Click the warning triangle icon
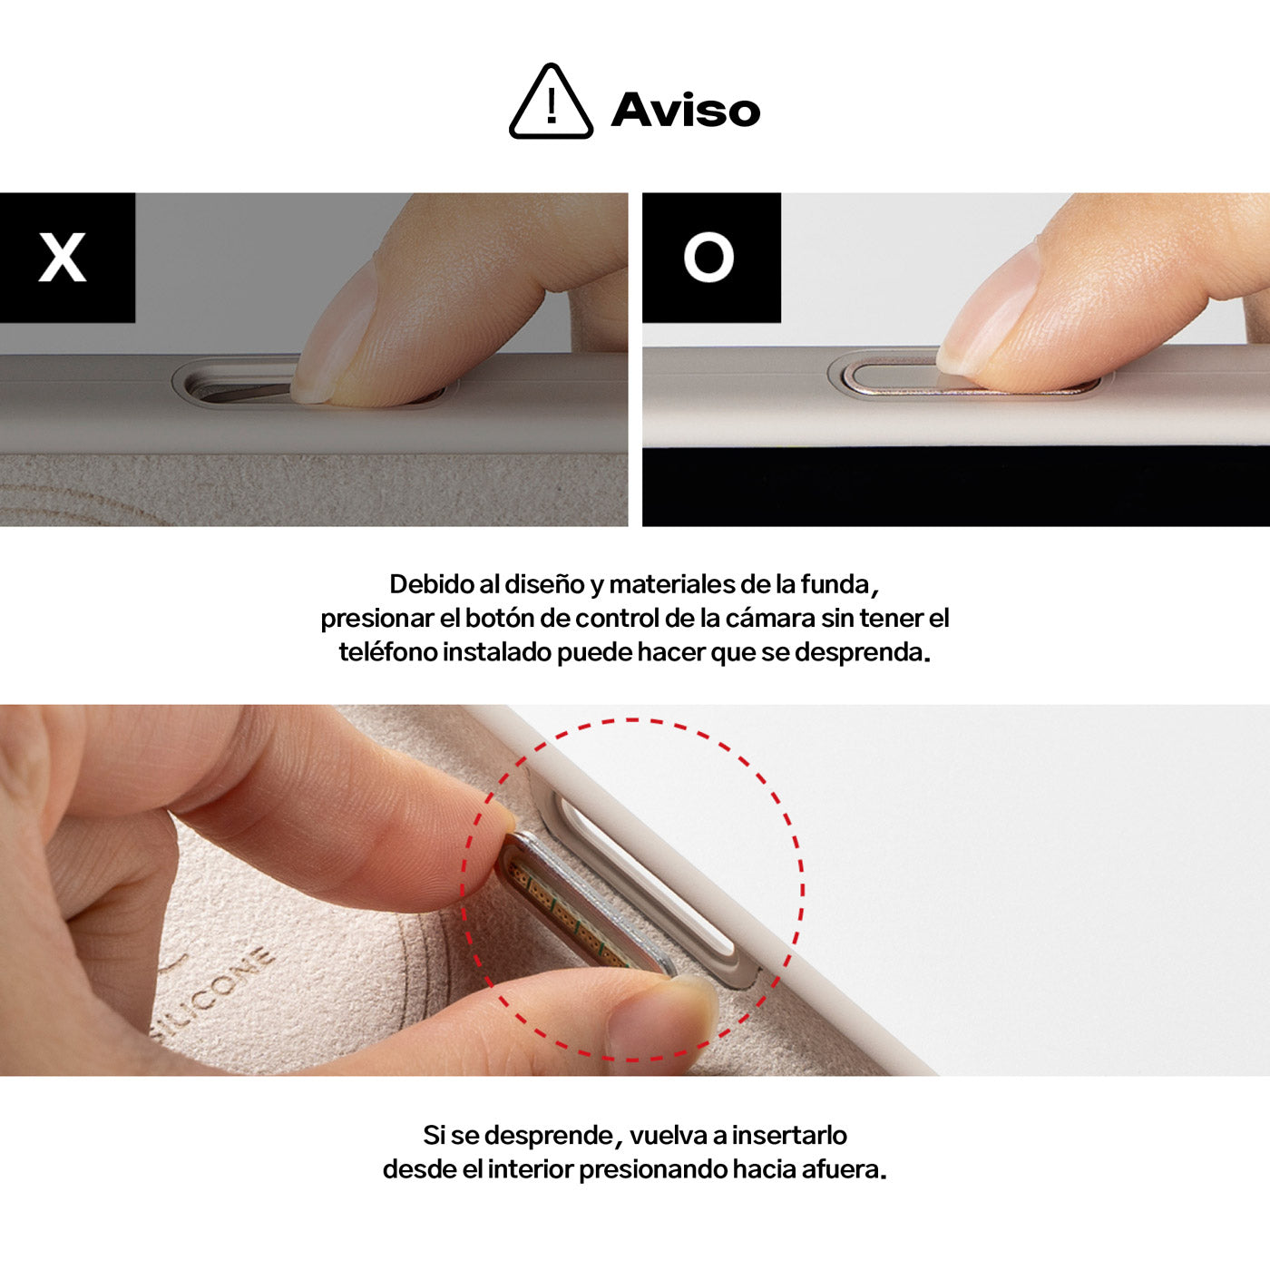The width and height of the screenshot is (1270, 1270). tap(551, 103)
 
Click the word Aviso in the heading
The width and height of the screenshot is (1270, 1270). tap(686, 110)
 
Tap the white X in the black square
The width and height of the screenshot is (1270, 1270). tap(63, 257)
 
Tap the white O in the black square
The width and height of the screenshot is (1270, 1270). tap(708, 257)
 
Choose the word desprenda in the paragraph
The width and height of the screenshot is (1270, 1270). tap(859, 653)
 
